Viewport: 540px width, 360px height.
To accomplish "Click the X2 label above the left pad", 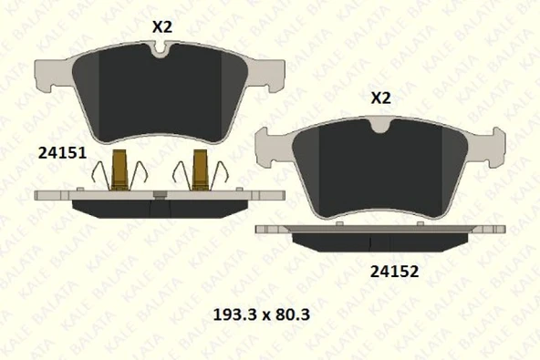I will pos(161,26).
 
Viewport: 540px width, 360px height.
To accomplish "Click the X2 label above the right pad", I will pos(380,98).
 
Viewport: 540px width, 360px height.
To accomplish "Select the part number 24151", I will pos(62,153).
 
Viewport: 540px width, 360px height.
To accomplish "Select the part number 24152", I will pos(394,271).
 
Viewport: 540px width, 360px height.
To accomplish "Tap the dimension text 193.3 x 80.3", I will pos(262,315).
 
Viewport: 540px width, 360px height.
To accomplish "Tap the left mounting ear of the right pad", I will pos(267,143).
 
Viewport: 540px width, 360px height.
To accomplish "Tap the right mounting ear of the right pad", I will pos(493,143).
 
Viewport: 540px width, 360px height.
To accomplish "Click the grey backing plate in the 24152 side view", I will pos(274,230).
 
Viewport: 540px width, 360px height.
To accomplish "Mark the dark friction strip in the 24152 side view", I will pos(380,242).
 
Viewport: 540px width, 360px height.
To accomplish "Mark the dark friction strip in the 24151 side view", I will pos(161,208).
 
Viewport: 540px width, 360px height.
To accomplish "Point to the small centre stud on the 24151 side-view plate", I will pos(160,193).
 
